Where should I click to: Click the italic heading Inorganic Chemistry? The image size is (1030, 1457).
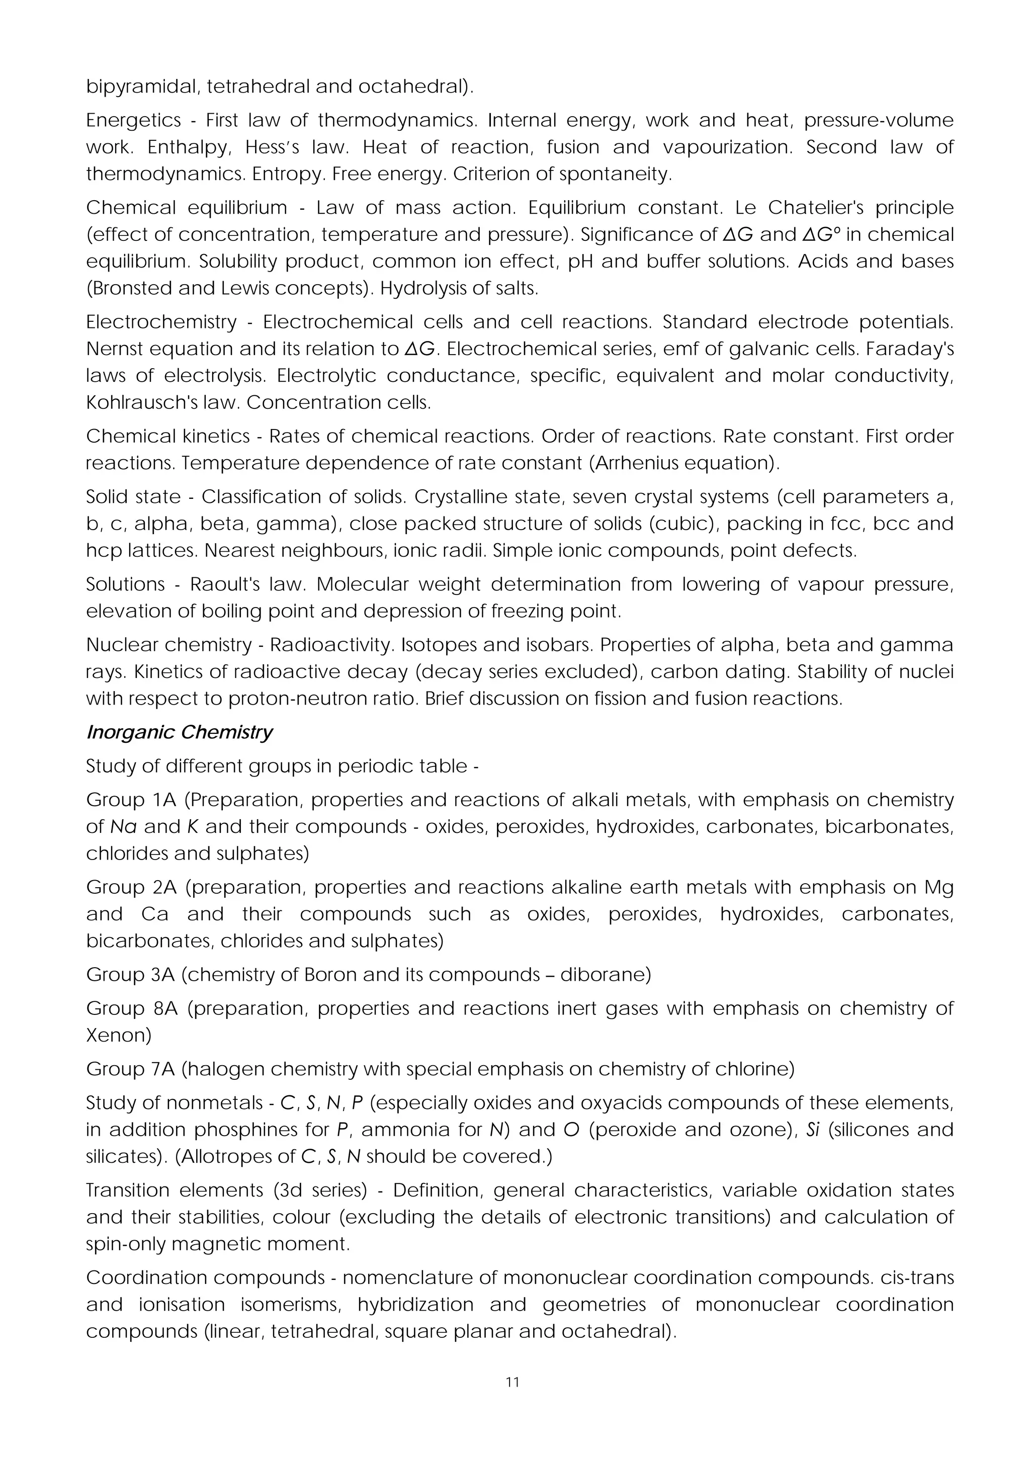pos(179,732)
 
